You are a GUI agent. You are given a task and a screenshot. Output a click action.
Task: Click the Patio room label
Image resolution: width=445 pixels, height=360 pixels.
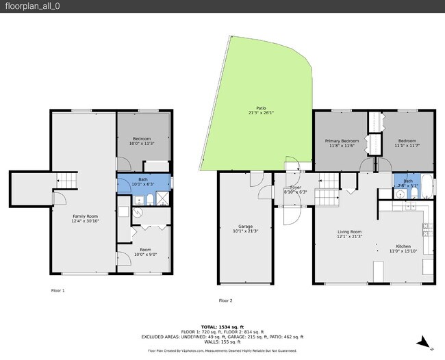262,110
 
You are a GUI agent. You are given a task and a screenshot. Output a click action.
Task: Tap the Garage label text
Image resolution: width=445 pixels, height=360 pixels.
245,228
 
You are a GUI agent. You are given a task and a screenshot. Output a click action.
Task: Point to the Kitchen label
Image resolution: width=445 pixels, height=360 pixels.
404,248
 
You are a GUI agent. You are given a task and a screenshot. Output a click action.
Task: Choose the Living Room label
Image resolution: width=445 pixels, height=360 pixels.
349,234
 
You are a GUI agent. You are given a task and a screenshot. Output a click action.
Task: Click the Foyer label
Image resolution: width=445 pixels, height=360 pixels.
295,189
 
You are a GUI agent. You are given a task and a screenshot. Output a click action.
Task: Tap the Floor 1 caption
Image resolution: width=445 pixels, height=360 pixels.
58,290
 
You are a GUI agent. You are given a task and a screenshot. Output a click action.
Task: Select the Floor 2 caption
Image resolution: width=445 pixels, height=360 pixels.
225,300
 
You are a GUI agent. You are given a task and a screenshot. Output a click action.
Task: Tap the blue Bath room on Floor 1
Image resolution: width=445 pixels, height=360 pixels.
142,182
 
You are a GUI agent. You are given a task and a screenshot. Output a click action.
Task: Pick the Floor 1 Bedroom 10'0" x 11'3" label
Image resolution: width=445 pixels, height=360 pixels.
142,141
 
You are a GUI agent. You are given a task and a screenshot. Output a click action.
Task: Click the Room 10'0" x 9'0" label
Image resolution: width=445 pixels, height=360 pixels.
145,252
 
